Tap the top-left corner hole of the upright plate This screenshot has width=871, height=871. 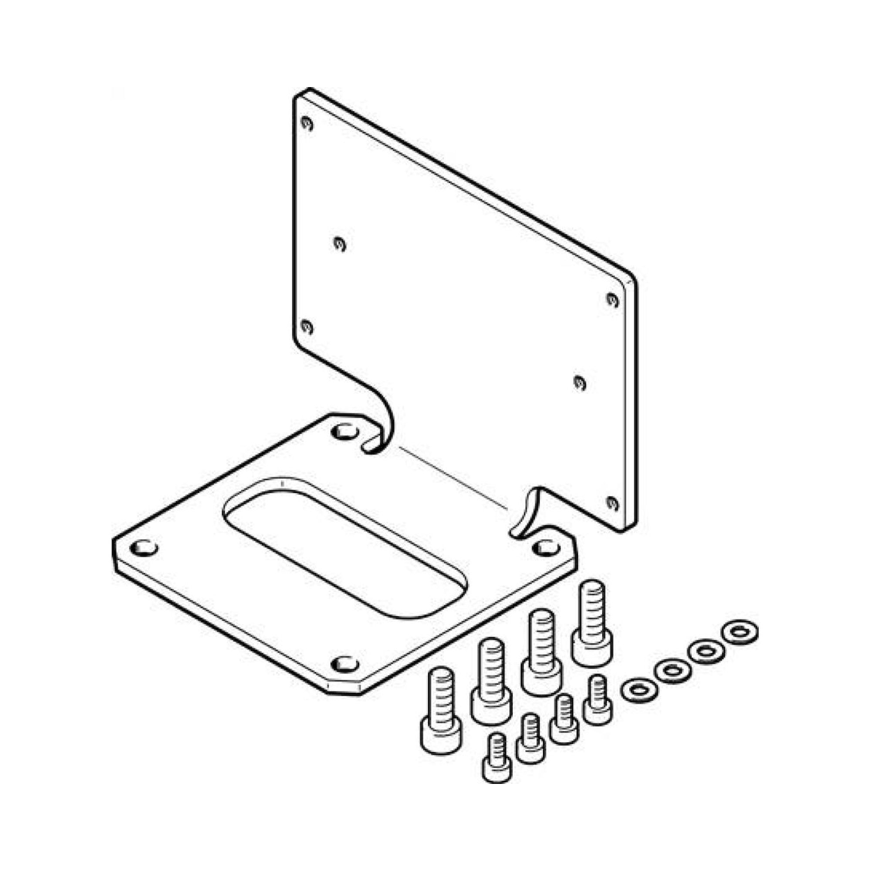point(307,123)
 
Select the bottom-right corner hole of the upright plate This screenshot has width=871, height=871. point(611,502)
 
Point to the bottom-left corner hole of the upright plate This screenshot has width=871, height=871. point(307,326)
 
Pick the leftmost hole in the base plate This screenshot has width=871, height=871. point(143,548)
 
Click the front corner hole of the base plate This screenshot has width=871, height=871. point(345,664)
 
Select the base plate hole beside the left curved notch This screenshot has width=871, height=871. point(345,432)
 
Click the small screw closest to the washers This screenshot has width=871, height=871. point(598,706)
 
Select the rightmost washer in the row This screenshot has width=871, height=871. point(740,633)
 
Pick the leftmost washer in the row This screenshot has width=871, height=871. point(639,691)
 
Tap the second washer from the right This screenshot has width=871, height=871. point(706,652)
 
